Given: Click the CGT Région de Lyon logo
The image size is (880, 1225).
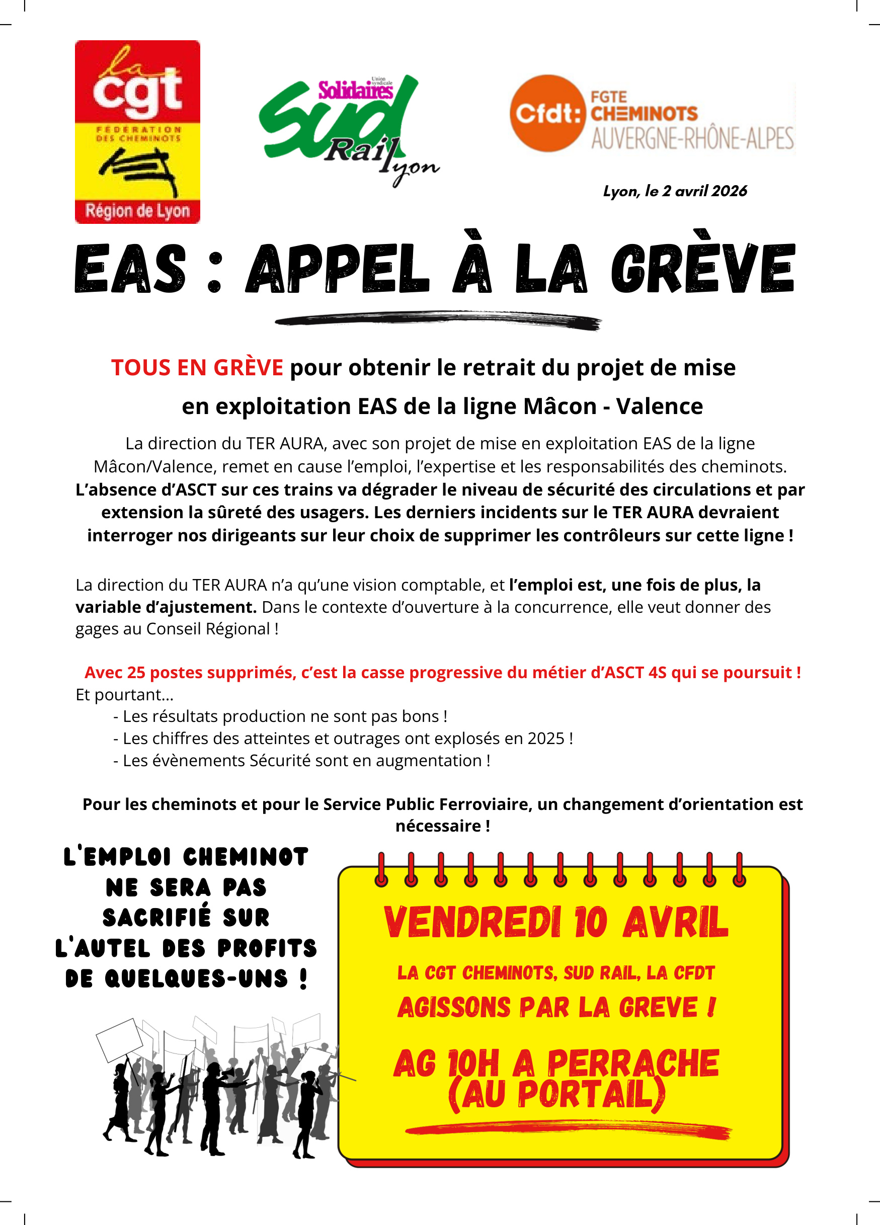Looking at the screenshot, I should click(137, 132).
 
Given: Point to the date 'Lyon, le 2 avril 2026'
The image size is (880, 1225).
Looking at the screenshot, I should click(675, 191).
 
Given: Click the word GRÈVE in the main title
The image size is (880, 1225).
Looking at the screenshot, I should click(702, 269).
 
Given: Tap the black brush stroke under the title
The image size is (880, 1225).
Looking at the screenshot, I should click(438, 320).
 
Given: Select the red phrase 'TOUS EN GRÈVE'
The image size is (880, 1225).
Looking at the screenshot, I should click(197, 368).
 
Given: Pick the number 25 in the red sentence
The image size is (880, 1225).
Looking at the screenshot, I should click(136, 673).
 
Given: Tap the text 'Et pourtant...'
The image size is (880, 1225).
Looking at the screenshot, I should click(124, 695).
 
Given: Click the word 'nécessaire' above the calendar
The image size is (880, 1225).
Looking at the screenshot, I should click(438, 826).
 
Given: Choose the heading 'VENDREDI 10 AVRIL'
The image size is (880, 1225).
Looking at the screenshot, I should click(556, 922).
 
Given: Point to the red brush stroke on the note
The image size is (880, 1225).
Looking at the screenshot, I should click(567, 1129).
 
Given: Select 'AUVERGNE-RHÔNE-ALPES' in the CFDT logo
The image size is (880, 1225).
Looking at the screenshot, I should click(692, 138).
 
